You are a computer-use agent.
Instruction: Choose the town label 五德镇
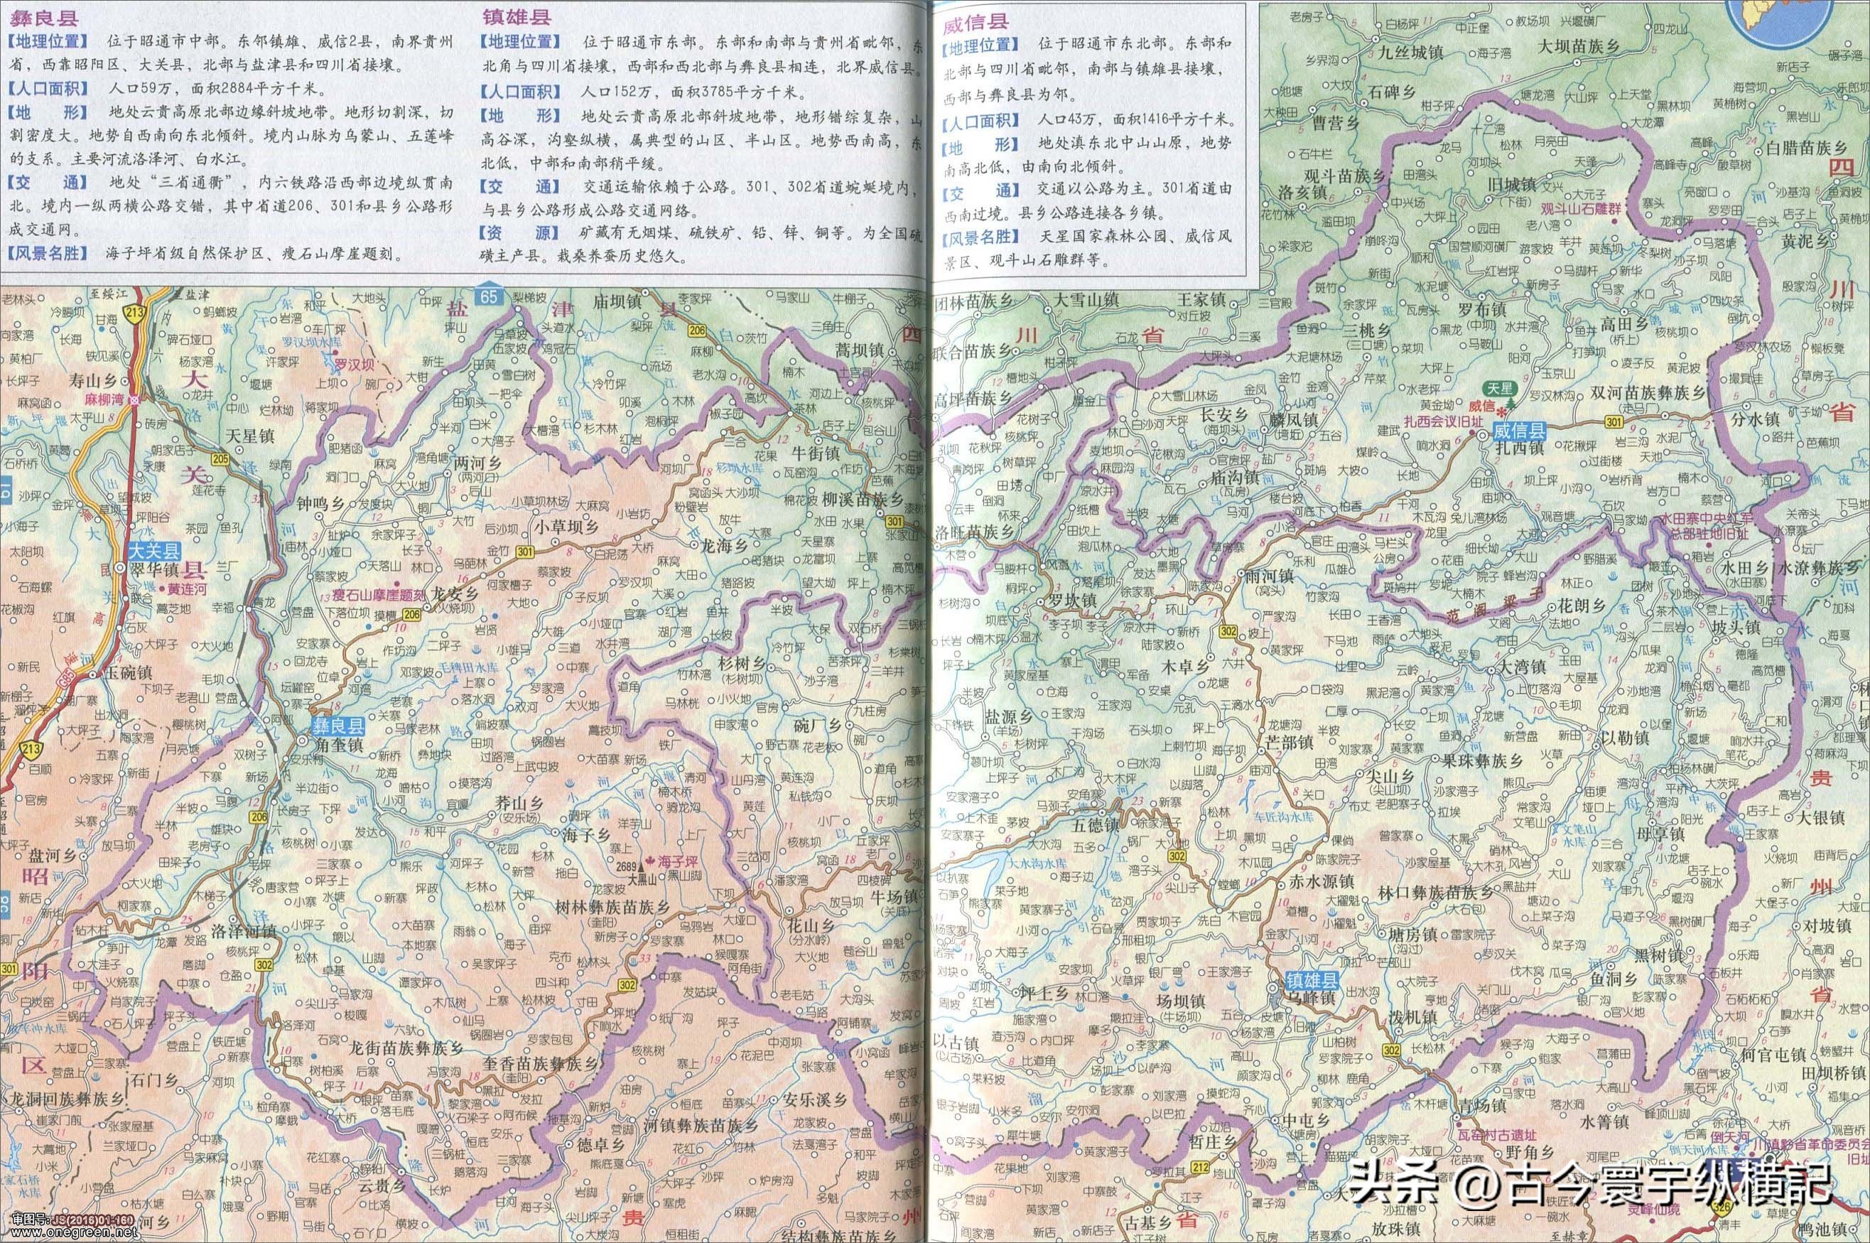1093,824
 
